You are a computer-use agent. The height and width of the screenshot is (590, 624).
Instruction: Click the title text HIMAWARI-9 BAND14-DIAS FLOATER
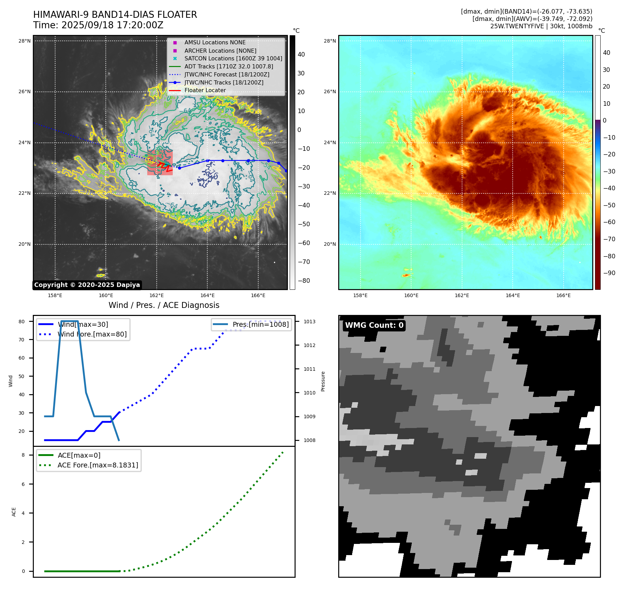point(115,15)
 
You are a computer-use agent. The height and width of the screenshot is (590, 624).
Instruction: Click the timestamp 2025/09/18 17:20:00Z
point(112,25)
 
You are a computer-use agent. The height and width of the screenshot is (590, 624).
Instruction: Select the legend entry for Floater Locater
point(205,90)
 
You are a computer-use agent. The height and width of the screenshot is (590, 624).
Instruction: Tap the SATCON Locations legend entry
point(233,59)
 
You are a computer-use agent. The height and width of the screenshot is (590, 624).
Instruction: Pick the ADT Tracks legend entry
point(229,67)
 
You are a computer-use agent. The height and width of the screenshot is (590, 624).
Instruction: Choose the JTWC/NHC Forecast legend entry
point(226,75)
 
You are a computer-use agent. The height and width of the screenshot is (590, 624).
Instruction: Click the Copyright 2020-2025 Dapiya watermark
point(87,285)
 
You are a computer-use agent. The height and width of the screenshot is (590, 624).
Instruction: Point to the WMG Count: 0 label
point(374,325)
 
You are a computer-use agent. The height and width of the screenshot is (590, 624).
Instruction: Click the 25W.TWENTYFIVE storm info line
point(541,26)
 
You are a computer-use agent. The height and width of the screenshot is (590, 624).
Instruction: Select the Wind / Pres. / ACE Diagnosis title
point(164,305)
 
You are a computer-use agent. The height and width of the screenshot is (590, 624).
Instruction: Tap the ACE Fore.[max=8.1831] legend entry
point(98,465)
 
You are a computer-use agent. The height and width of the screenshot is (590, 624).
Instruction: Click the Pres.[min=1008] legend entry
point(260,325)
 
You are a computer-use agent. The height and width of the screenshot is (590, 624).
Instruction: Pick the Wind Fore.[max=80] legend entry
point(92,334)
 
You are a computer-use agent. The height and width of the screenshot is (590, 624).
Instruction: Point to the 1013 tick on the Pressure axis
point(309,322)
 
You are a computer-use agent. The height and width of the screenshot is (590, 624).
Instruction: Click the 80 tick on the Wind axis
point(22,322)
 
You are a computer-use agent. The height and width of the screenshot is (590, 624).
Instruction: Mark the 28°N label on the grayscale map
point(24,41)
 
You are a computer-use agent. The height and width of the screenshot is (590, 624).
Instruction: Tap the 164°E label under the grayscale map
point(207,296)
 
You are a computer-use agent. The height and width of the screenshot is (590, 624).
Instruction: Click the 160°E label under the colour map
point(411,296)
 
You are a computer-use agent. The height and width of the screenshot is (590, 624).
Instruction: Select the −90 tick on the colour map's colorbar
point(609,273)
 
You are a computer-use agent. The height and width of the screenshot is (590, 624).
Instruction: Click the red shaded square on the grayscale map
point(160,163)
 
